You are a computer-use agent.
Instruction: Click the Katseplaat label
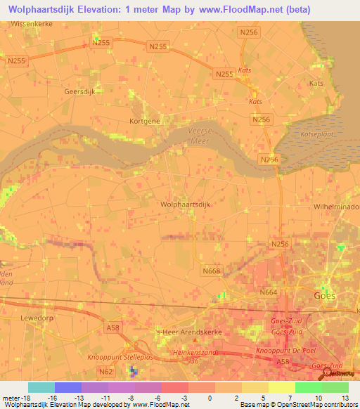point(316,132)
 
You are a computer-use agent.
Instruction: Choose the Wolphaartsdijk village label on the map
point(186,204)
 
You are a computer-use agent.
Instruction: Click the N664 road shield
point(268,292)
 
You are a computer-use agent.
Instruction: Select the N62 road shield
point(107,370)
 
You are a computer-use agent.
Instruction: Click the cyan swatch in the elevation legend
point(41,387)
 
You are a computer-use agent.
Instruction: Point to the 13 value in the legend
point(345,398)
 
